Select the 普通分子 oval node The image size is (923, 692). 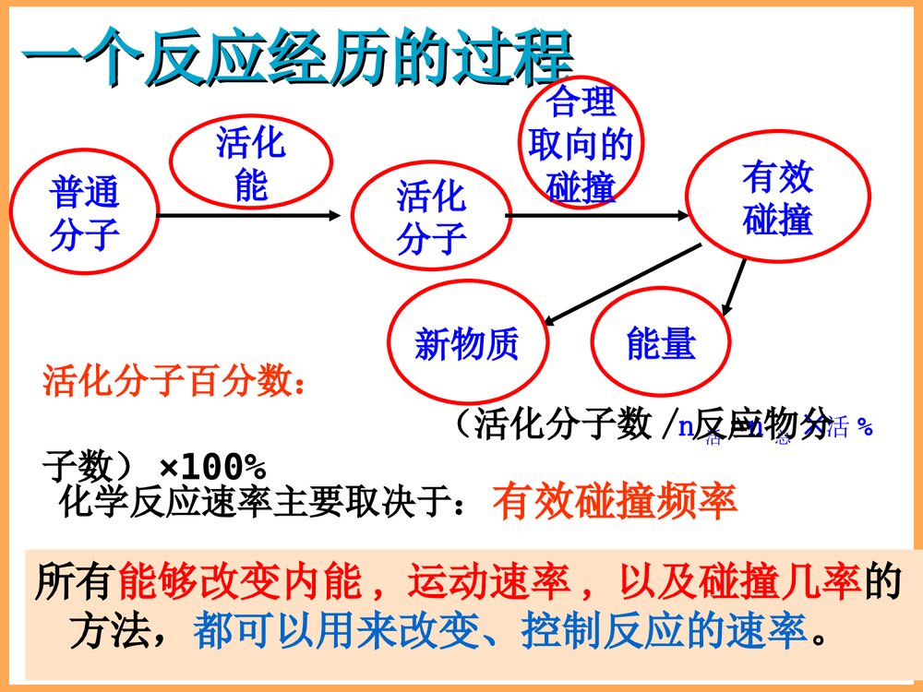point(85,214)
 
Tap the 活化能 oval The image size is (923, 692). point(251,163)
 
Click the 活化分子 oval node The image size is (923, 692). point(431,217)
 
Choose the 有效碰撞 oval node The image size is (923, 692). point(777,197)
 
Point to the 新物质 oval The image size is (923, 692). point(467,343)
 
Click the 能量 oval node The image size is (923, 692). point(661,343)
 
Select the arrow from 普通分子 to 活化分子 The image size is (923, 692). point(249,216)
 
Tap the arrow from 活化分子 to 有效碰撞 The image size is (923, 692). point(597,216)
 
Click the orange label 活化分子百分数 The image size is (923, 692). point(174,381)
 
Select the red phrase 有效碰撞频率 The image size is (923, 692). point(615,502)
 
